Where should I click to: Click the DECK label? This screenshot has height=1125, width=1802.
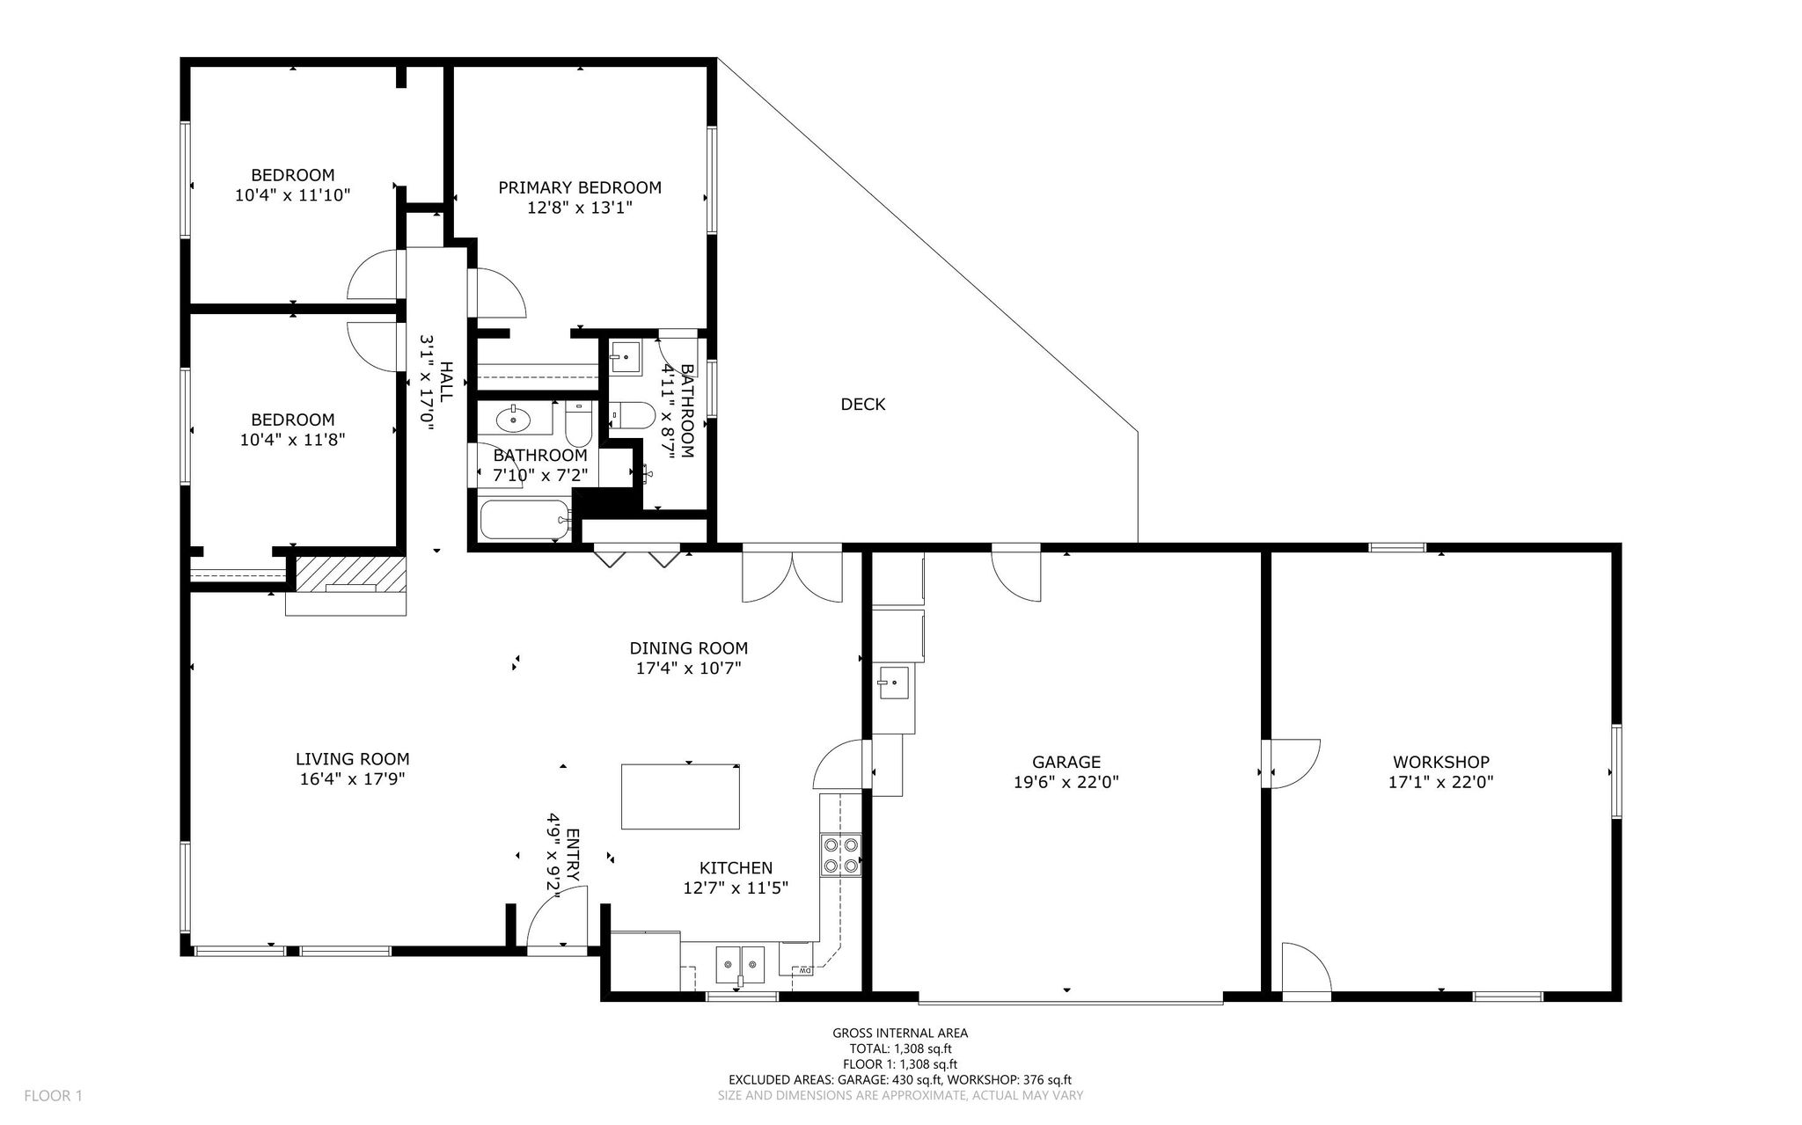tap(863, 405)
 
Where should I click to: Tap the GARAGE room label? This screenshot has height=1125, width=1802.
tap(1066, 763)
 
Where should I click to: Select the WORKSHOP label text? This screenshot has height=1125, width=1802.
tap(1441, 763)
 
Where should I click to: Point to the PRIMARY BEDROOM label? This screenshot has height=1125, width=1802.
tap(580, 187)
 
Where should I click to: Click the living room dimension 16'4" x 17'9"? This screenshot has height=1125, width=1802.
tap(352, 778)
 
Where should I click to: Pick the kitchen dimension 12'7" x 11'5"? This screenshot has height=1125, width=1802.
tap(736, 888)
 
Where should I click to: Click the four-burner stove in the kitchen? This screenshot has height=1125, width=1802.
tap(839, 855)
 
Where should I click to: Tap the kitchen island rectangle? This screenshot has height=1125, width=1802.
tap(680, 796)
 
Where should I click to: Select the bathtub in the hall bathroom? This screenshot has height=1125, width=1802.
tap(525, 519)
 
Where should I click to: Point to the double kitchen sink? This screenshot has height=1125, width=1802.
tap(740, 965)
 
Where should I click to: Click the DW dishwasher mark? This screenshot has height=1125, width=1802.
tap(803, 970)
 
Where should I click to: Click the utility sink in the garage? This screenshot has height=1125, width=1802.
tap(893, 683)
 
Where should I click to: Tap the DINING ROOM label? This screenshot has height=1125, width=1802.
tap(689, 648)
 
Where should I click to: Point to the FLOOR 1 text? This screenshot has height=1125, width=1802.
tap(53, 1096)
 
